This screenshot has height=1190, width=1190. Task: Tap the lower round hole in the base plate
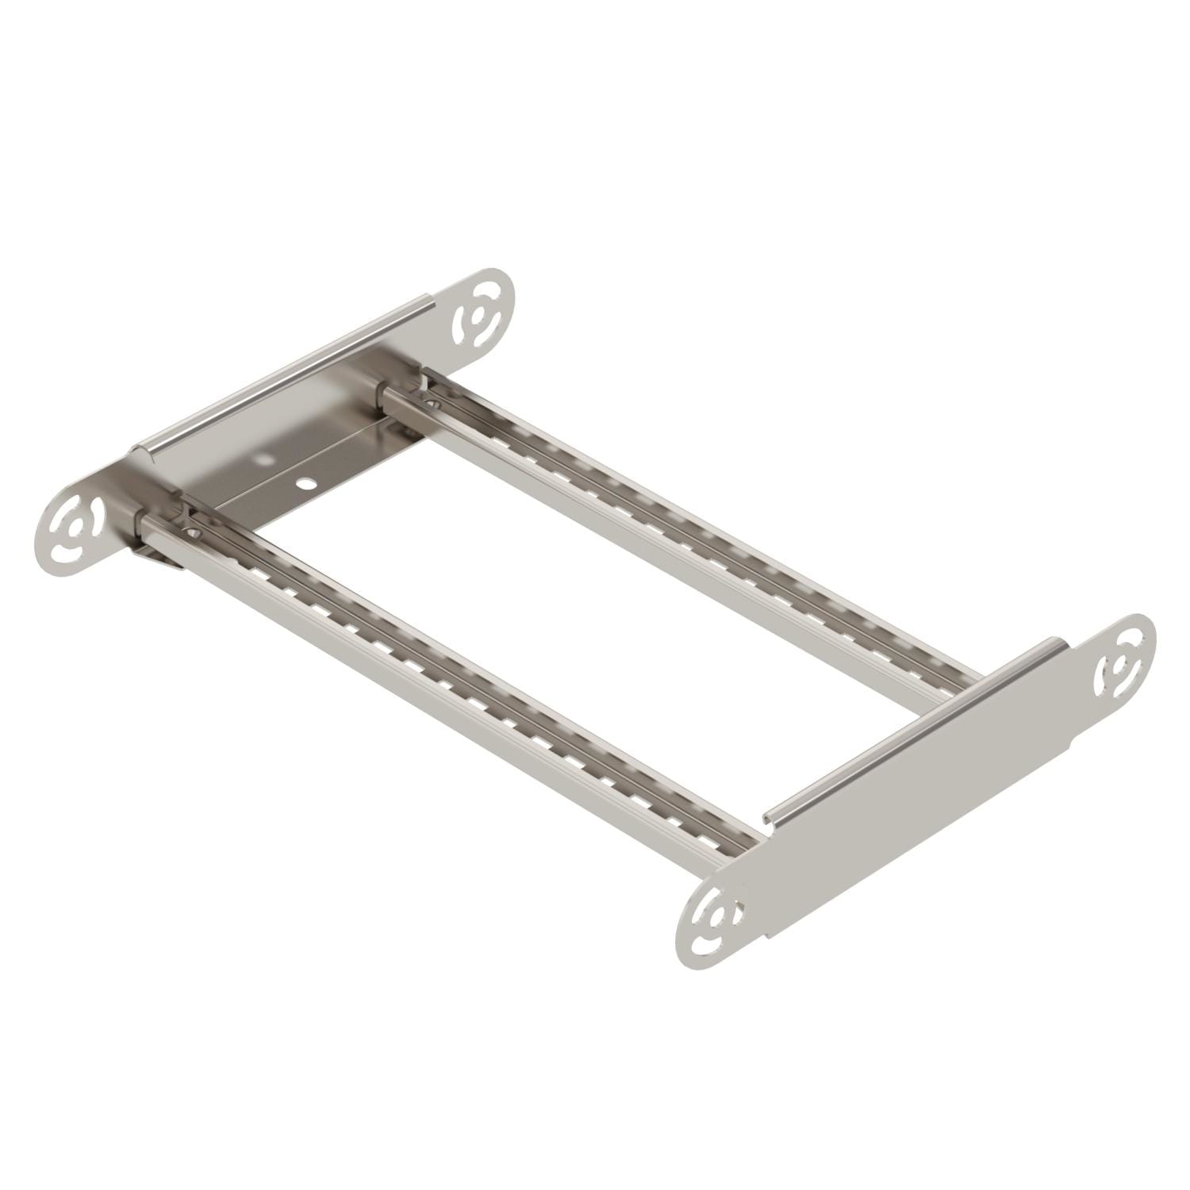[304, 482]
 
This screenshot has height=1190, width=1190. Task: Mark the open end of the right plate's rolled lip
[768, 817]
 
